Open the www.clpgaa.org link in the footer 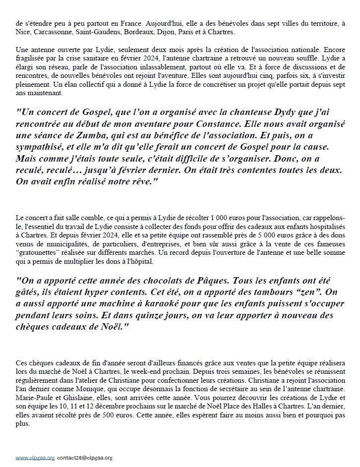click(35, 458)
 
